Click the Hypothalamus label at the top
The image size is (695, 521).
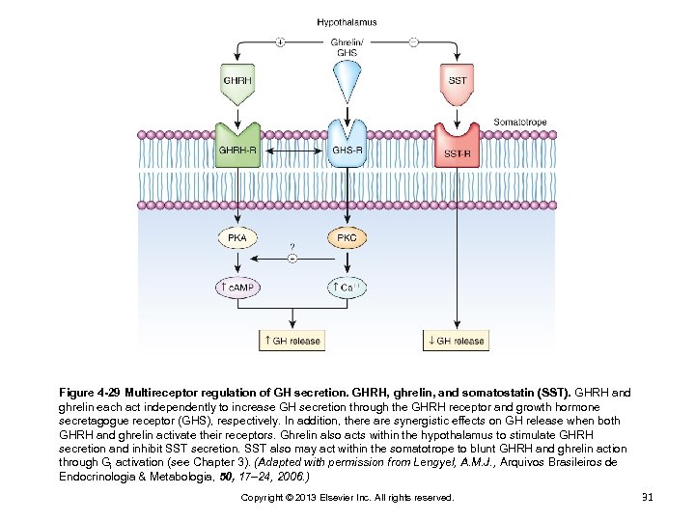pos(347,22)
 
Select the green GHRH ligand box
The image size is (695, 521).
pos(237,80)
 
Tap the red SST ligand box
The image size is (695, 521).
pos(458,80)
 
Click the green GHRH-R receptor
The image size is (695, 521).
pos(237,147)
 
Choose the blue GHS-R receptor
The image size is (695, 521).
pos(347,147)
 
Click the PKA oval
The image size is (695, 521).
pos(236,237)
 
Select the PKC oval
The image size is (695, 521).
pos(346,237)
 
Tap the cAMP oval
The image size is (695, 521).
pos(236,288)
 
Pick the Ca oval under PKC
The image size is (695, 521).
pos(346,288)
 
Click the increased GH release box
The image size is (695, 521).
pos(291,341)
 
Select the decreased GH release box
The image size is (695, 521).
pos(456,341)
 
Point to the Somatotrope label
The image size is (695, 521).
pos(519,123)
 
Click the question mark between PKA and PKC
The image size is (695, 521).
pos(292,246)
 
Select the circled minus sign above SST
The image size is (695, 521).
pos(413,42)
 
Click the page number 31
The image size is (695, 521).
pos(648,497)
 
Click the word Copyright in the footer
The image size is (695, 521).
pos(262,498)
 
